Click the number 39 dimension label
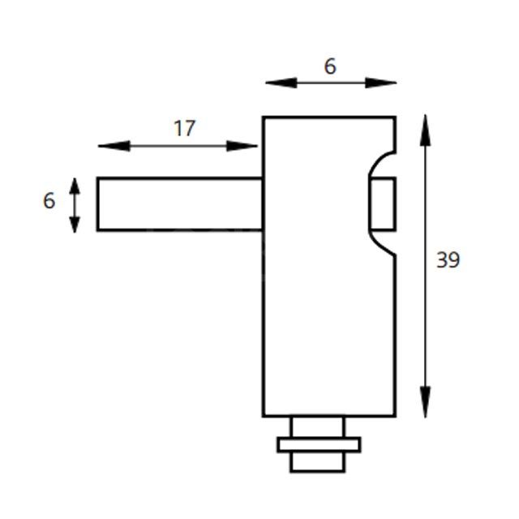click(448, 260)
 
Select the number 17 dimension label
click(184, 128)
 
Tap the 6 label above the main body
click(330, 66)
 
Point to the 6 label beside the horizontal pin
click(49, 200)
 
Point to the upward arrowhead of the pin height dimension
click(75, 185)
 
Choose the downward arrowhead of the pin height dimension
click(75, 225)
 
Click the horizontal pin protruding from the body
click(178, 204)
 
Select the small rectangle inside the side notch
click(383, 204)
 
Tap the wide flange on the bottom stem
click(318, 444)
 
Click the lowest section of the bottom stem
click(318, 461)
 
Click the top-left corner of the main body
click(264, 118)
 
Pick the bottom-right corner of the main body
click(395, 415)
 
